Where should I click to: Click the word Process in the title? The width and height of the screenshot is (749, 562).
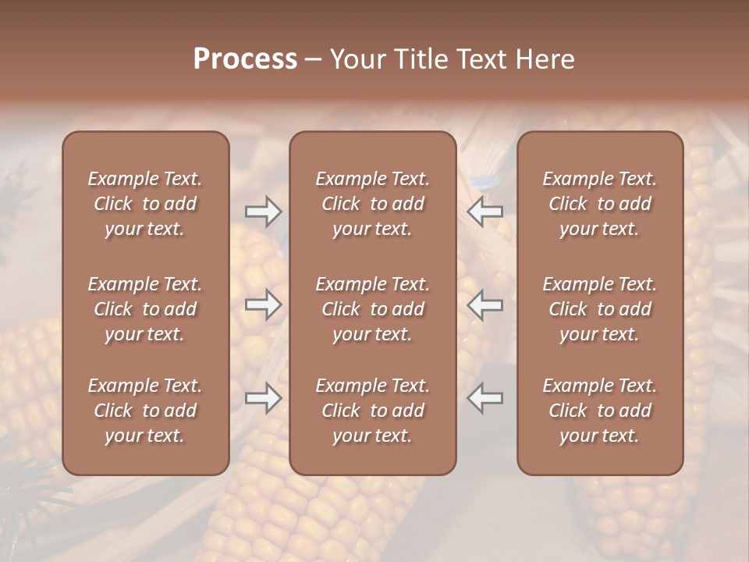(245, 59)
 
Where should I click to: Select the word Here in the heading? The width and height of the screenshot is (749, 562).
(544, 59)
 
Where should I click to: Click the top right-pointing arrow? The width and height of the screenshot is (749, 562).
(263, 212)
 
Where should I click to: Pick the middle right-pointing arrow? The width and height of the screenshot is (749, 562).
(263, 304)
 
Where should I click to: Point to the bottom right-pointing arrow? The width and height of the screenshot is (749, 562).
(263, 398)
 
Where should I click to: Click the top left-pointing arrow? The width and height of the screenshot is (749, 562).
(485, 212)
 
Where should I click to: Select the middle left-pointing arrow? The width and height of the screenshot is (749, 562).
(485, 304)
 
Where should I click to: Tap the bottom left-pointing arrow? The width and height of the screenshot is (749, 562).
(485, 398)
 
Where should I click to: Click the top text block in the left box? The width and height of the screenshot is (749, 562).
(145, 204)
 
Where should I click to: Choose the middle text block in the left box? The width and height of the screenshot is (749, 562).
(145, 309)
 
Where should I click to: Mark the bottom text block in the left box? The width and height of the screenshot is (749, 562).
(145, 411)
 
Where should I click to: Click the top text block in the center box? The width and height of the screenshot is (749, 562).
(373, 204)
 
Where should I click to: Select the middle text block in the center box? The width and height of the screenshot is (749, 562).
(373, 309)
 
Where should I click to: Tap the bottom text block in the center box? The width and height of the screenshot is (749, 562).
(373, 411)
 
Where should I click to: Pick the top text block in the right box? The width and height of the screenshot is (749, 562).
(600, 204)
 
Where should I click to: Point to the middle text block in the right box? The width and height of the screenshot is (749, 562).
(600, 309)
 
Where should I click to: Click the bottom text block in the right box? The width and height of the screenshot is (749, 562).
(600, 411)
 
